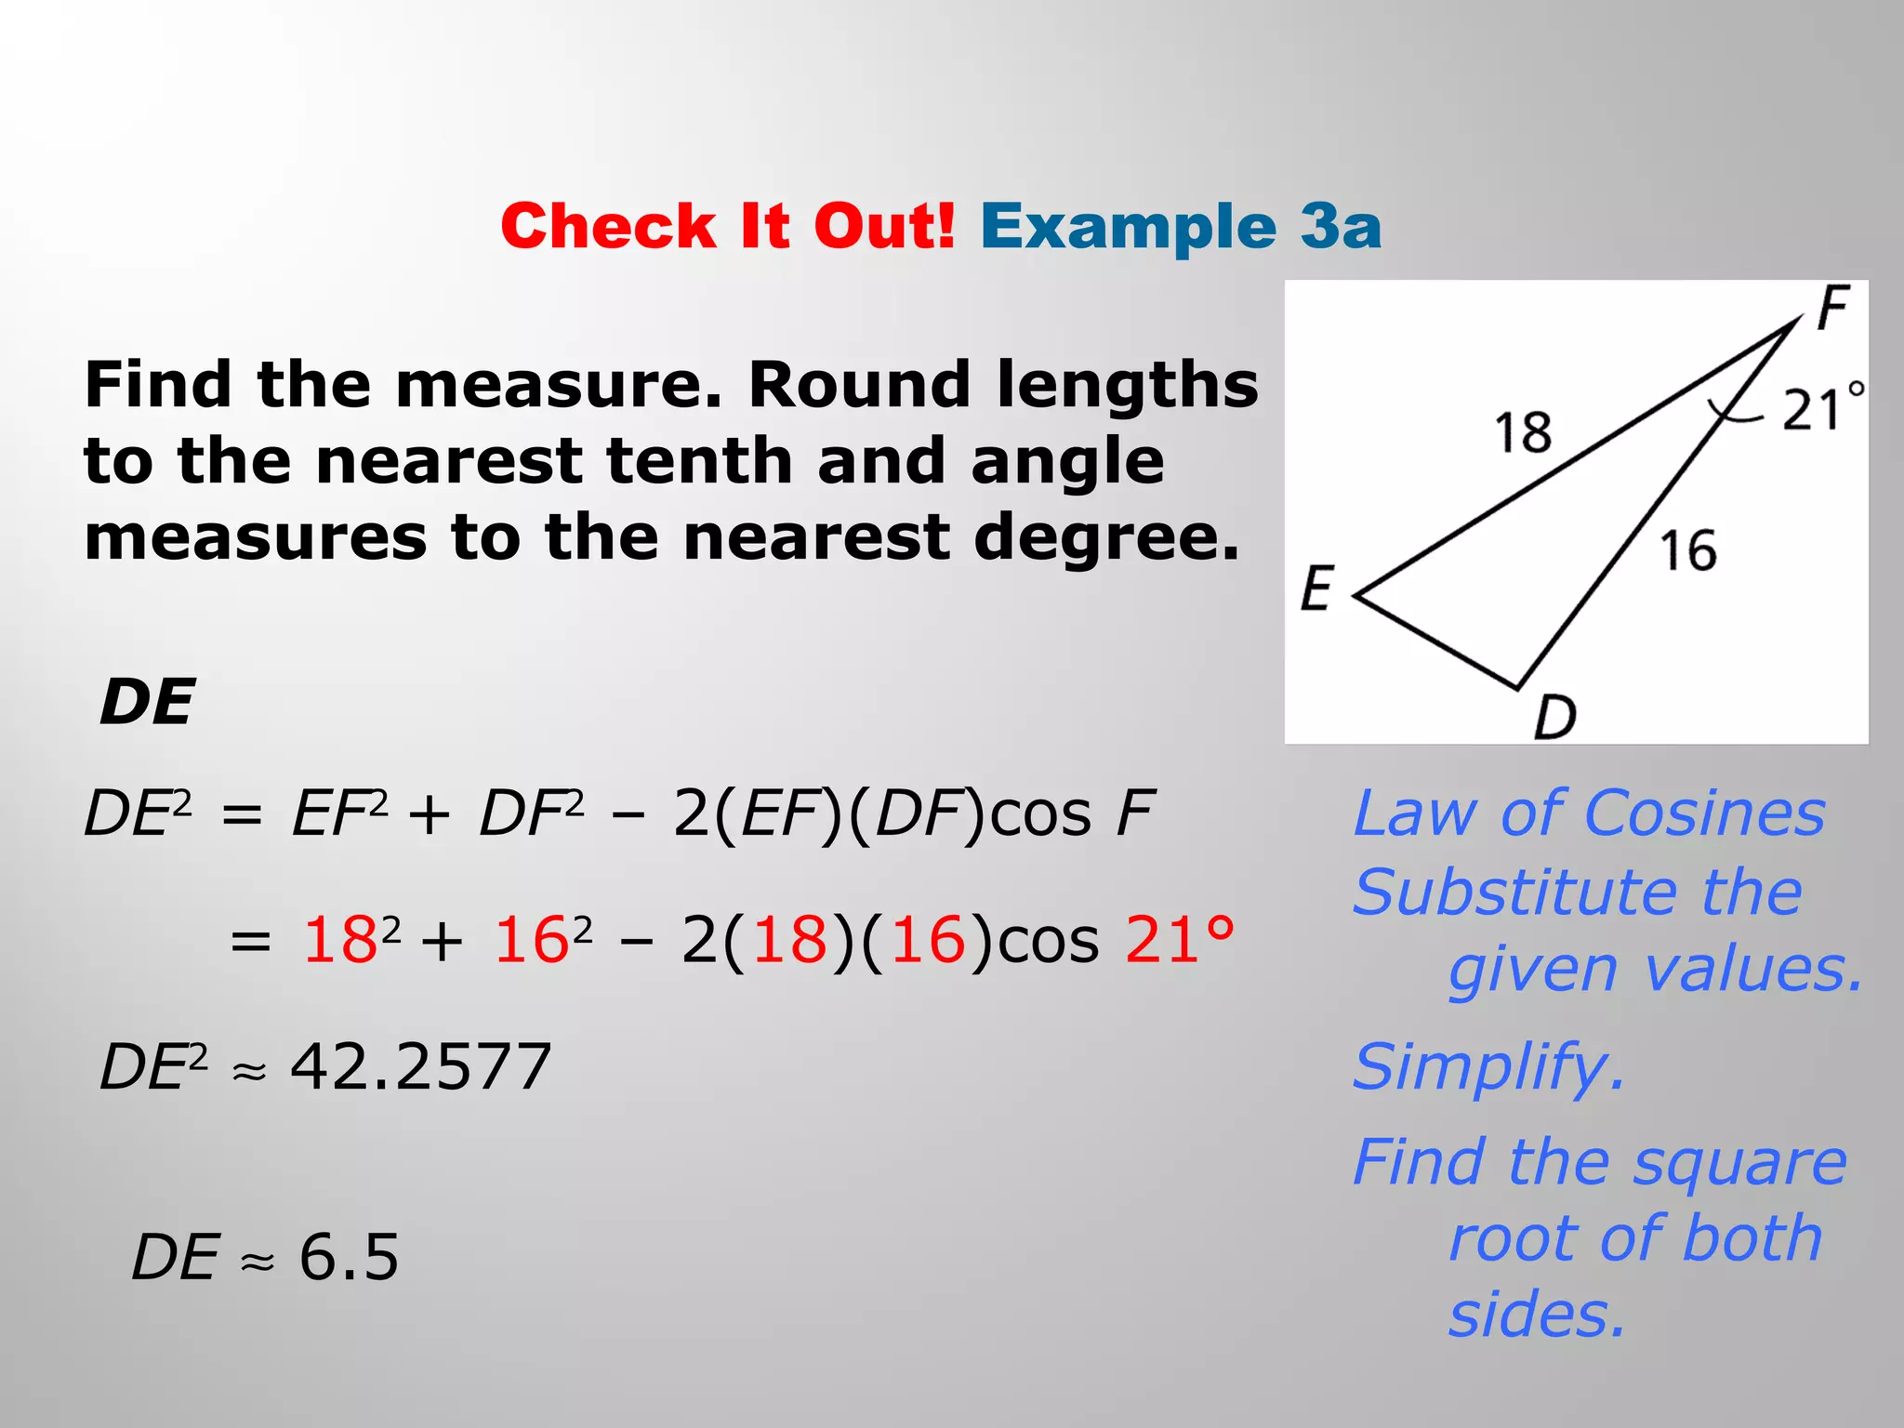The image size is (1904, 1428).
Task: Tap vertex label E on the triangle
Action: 1316,588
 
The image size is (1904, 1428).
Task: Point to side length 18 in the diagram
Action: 1523,432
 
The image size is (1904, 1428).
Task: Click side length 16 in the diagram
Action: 1687,550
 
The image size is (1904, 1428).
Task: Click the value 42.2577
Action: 421,1066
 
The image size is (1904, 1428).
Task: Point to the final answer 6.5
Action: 349,1257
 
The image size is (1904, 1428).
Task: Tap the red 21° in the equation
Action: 1179,939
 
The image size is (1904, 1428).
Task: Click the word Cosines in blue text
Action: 1704,813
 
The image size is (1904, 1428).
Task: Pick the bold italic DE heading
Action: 147,702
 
